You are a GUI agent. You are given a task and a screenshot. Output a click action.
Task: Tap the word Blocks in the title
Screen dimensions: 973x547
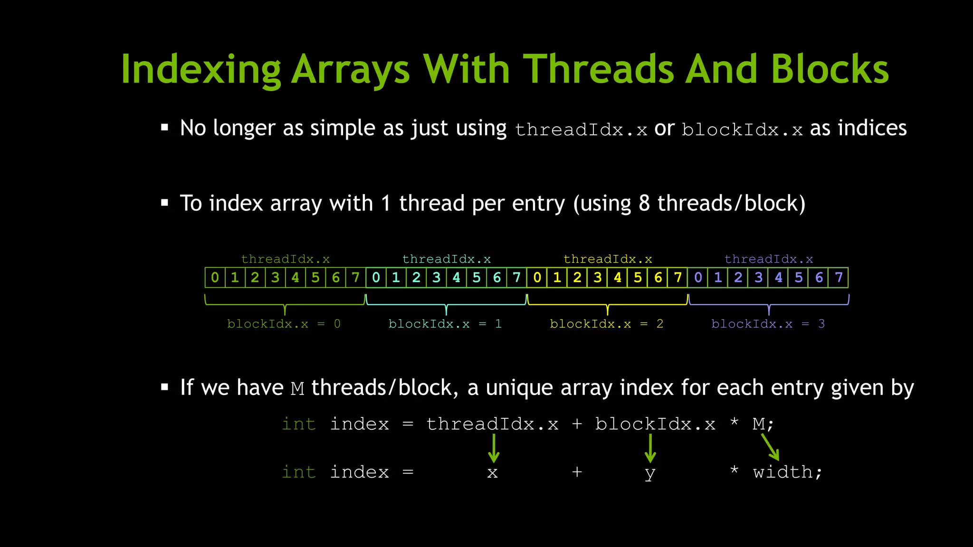829,69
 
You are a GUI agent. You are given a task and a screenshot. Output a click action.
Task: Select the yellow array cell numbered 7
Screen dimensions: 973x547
678,277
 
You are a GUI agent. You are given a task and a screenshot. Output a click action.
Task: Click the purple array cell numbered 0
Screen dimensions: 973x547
698,277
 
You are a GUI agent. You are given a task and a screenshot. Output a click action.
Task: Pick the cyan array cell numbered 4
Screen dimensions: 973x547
457,277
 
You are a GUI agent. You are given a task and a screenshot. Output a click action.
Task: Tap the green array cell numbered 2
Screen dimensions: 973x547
255,277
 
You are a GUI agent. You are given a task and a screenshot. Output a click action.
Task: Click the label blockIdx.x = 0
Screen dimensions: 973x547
284,324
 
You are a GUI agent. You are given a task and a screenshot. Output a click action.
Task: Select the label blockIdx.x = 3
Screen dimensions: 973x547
768,324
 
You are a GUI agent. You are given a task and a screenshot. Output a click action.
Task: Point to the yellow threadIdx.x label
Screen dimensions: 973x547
608,259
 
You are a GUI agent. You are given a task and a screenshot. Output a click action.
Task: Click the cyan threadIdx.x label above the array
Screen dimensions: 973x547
447,259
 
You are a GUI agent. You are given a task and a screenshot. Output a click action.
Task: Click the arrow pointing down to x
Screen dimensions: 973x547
494,448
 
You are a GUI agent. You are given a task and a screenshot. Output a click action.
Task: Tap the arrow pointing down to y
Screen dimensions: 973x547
650,448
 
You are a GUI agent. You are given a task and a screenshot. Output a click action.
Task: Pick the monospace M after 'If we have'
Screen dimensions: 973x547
297,389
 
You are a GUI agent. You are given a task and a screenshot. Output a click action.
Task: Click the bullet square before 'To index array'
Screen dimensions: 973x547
165,203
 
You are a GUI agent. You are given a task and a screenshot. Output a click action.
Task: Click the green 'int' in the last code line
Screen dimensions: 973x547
298,472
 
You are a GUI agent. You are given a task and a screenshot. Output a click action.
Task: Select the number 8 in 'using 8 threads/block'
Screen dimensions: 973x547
644,203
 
